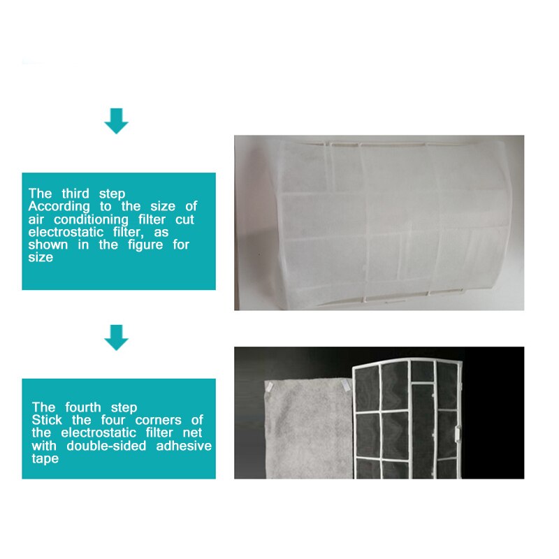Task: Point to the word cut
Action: pos(185,219)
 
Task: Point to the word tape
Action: pos(45,459)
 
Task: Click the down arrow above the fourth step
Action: pos(117,337)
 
